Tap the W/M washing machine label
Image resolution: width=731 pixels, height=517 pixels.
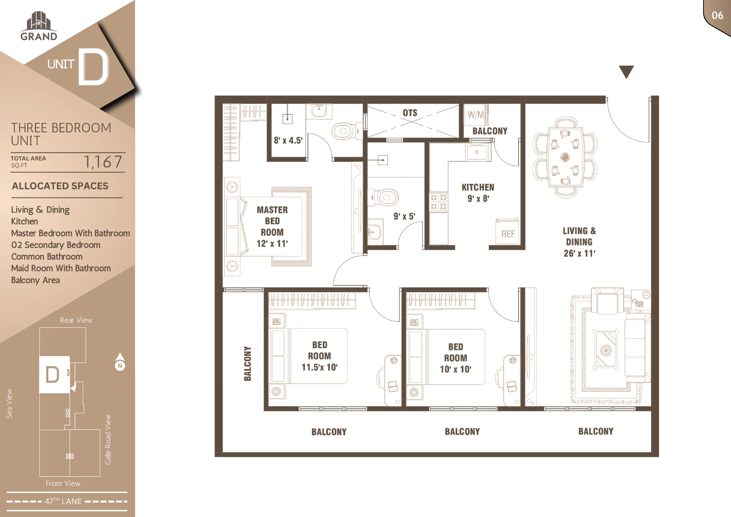tap(476, 115)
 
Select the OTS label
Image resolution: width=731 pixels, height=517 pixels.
tap(410, 113)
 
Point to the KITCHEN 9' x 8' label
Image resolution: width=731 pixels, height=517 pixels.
tap(478, 193)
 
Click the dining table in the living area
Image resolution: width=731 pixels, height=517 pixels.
tap(565, 157)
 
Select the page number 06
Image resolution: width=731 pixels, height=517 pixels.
tap(717, 15)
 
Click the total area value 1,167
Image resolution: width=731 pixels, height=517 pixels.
tap(103, 162)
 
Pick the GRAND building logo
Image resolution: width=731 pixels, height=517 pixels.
tap(39, 26)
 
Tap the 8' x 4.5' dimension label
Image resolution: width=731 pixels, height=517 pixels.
tap(288, 141)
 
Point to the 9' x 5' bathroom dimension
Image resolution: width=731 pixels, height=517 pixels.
tap(404, 216)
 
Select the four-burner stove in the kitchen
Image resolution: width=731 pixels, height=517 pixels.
tap(438, 202)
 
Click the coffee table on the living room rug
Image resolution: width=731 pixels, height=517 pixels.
tap(606, 350)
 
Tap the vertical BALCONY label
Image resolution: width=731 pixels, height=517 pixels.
tap(247, 363)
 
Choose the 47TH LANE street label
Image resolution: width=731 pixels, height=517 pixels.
tap(63, 501)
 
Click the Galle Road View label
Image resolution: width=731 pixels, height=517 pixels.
tap(108, 439)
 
